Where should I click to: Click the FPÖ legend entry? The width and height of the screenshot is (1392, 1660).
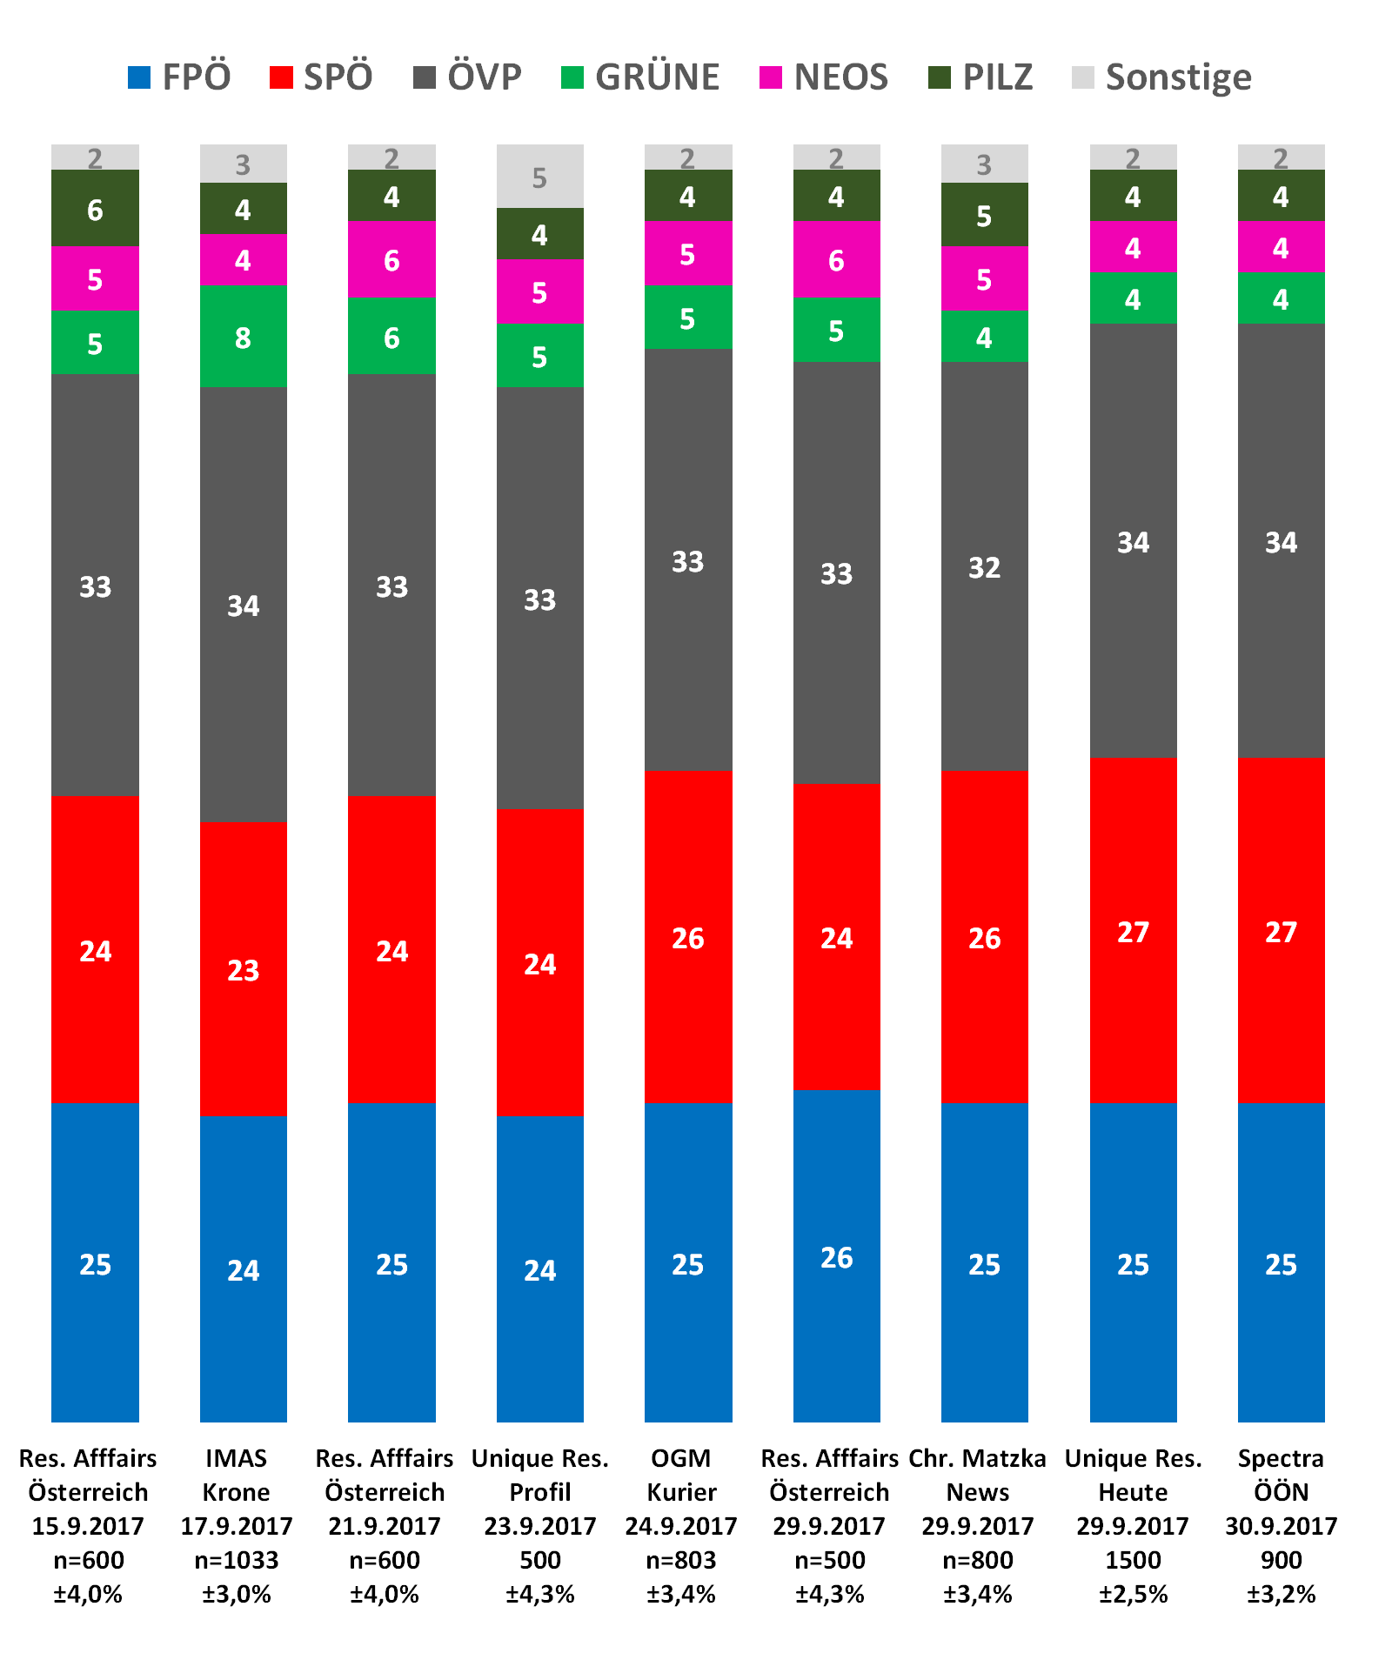pos(179,77)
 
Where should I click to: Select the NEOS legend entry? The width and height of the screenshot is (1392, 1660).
pos(824,77)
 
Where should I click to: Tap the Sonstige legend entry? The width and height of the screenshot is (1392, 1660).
pos(1161,77)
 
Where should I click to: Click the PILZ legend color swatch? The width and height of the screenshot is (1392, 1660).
pos(940,77)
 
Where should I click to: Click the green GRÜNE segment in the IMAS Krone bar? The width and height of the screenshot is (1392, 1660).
pos(244,336)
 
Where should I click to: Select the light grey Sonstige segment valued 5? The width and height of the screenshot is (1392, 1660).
pos(539,177)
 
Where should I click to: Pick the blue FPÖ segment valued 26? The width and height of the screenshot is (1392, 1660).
pos(836,1257)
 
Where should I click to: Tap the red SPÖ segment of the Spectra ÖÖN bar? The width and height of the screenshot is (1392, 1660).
pos(1281,931)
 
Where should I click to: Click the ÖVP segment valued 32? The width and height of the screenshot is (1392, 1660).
pos(984,566)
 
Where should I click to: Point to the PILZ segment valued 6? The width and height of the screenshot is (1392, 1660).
pos(95,209)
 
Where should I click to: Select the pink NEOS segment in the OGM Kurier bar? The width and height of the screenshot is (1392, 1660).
pos(687,253)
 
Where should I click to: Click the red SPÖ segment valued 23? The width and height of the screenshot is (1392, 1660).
pos(244,969)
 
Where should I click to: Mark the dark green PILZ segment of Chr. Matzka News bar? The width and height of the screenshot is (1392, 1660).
pos(984,215)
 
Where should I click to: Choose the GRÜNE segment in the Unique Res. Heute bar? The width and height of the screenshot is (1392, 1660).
pos(1133,298)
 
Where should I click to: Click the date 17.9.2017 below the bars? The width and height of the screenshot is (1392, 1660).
pos(236,1526)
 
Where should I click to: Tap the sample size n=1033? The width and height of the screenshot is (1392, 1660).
pos(236,1560)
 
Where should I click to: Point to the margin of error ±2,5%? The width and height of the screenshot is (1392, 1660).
pos(1133,1594)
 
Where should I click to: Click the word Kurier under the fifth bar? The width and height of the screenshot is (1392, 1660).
pos(681,1492)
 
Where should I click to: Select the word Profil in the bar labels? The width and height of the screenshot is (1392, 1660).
pos(539,1492)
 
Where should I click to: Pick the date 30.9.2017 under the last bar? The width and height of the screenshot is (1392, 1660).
pos(1281,1526)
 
